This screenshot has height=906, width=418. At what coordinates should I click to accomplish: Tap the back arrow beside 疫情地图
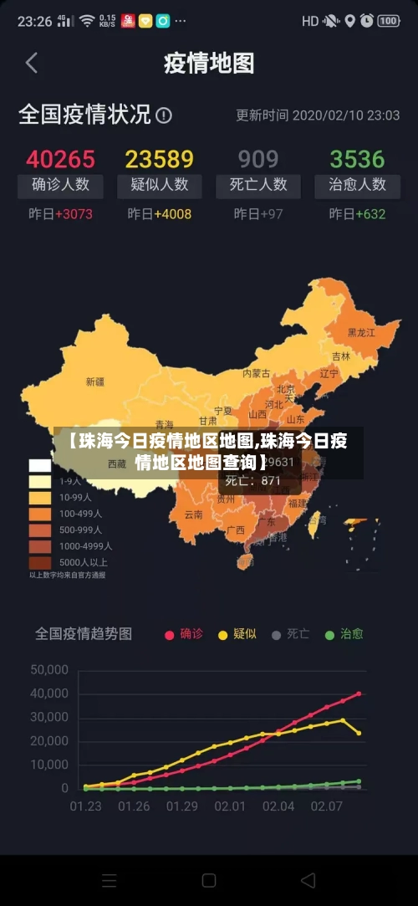(x=32, y=63)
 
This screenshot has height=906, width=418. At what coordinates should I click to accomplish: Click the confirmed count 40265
(x=60, y=159)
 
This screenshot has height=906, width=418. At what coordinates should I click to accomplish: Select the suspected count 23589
(x=159, y=159)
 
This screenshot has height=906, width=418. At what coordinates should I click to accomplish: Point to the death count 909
(x=258, y=159)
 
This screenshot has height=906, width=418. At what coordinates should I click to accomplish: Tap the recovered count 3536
(x=357, y=159)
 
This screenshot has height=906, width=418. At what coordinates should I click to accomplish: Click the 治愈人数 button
(x=357, y=185)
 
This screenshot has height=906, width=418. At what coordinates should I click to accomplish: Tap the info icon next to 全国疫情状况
(x=164, y=115)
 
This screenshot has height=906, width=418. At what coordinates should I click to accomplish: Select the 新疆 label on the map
(x=95, y=381)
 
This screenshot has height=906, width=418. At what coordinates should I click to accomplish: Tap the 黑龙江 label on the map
(x=361, y=332)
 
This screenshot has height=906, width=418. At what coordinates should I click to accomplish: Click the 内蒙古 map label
(x=256, y=373)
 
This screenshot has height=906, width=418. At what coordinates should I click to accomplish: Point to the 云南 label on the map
(x=193, y=514)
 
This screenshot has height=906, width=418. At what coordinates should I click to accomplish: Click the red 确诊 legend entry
(x=184, y=634)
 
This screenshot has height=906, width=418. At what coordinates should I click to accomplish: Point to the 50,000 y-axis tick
(x=49, y=669)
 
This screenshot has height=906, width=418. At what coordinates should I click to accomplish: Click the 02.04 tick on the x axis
(x=278, y=806)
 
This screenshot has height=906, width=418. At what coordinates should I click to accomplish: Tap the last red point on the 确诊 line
(x=359, y=694)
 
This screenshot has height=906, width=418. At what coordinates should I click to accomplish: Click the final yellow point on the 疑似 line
(x=359, y=733)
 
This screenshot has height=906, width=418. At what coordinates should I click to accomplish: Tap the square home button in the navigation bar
(x=209, y=880)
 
